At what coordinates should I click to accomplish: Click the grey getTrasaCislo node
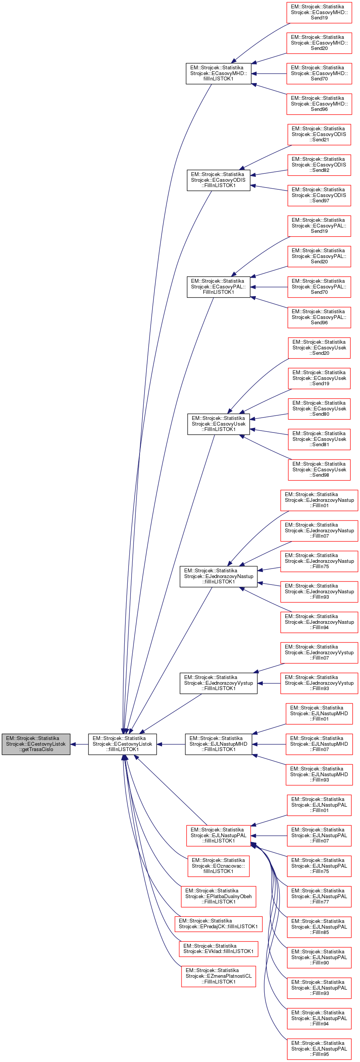[x=36, y=744]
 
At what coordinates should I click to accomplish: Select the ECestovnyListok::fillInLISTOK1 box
[x=122, y=744]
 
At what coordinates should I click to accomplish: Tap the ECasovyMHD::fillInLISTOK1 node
[x=218, y=74]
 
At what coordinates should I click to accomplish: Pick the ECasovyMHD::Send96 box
[x=319, y=104]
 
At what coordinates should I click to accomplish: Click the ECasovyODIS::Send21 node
[x=319, y=135]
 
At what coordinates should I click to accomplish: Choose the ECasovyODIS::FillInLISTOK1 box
[x=218, y=180]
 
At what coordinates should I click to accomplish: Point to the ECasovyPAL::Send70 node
[x=319, y=287]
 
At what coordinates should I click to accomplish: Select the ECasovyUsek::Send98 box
[x=319, y=469]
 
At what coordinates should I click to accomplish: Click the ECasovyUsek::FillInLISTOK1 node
[x=218, y=424]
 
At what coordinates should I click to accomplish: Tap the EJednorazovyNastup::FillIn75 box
[x=319, y=561]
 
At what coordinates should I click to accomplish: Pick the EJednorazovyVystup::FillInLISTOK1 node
[x=218, y=683]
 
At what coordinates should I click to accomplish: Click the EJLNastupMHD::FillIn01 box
[x=319, y=714]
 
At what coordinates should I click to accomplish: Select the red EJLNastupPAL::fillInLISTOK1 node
[x=218, y=835]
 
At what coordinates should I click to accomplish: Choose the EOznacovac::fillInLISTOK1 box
[x=218, y=866]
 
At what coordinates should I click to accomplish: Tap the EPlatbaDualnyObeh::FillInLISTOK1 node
[x=218, y=896]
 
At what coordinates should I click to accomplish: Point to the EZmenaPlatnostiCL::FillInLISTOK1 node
[x=218, y=976]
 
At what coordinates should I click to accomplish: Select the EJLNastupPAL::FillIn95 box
[x=319, y=1049]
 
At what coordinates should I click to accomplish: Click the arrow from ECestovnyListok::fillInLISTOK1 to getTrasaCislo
[x=79, y=744]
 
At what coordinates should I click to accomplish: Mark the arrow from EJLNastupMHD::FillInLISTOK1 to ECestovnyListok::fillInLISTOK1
[x=171, y=744]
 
